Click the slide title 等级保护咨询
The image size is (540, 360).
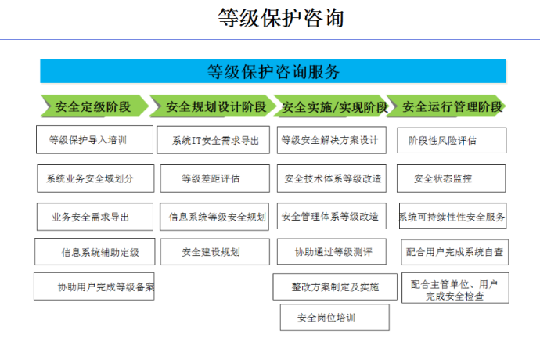coord(281,18)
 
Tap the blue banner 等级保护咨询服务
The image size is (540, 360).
coord(273,71)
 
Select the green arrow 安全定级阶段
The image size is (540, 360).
coord(95,106)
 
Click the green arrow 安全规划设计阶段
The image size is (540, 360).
coord(213,106)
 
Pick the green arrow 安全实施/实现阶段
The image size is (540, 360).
coord(333,106)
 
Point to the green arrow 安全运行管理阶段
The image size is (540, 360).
coord(447,106)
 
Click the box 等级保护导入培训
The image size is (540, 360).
coord(95,139)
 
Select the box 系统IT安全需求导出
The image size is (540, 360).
coord(213,140)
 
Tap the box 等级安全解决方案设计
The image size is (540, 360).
coord(332,140)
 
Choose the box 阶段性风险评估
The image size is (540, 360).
coord(452,140)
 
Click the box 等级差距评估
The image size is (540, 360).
coord(215,178)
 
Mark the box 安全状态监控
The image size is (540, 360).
coord(451,178)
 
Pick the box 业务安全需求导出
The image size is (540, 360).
coord(95,217)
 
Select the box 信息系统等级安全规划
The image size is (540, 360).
coord(214,217)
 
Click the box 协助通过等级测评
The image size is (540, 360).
coord(332,251)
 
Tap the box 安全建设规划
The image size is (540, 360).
coord(215,252)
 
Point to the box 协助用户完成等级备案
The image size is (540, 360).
coord(94,286)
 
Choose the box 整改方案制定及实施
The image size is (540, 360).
coord(335,286)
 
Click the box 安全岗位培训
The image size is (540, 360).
coord(335,317)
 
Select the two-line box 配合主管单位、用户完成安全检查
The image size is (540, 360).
coord(455,288)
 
